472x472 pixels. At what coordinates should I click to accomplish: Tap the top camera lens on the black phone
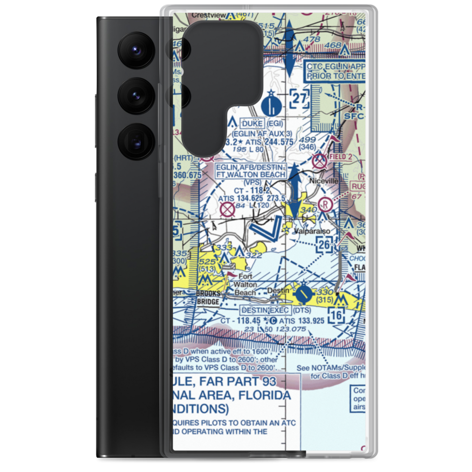(x=134, y=50)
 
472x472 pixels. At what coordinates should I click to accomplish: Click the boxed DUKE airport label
(x=253, y=124)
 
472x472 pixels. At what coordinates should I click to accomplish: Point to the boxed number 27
(x=300, y=100)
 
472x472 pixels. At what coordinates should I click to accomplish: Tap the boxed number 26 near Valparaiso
(x=324, y=244)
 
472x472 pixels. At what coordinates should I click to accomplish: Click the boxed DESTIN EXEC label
(x=265, y=310)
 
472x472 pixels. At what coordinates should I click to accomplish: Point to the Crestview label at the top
(x=208, y=15)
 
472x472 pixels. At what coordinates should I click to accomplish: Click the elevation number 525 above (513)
(x=208, y=261)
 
